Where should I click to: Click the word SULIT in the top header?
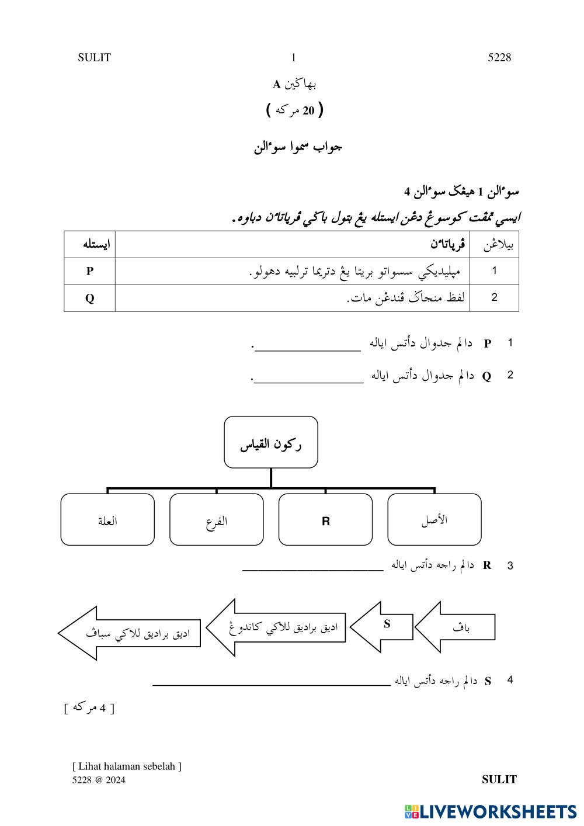(x=94, y=57)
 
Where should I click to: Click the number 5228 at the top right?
(x=499, y=57)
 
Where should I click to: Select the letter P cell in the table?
(x=89, y=271)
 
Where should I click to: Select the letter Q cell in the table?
(x=89, y=298)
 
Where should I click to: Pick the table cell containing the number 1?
(x=494, y=271)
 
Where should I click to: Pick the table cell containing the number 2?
(x=494, y=298)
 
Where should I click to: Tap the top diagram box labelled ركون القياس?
(x=271, y=443)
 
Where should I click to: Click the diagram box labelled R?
(x=325, y=520)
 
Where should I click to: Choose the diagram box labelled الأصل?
(x=434, y=520)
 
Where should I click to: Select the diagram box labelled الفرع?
(x=217, y=520)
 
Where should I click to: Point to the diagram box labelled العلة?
(x=107, y=520)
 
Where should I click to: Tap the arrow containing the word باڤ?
(x=458, y=627)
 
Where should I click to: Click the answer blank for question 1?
(x=308, y=349)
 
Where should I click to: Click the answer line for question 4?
(x=272, y=683)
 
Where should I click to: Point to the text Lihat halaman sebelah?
(x=127, y=766)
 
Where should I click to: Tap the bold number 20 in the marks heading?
(x=308, y=110)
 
